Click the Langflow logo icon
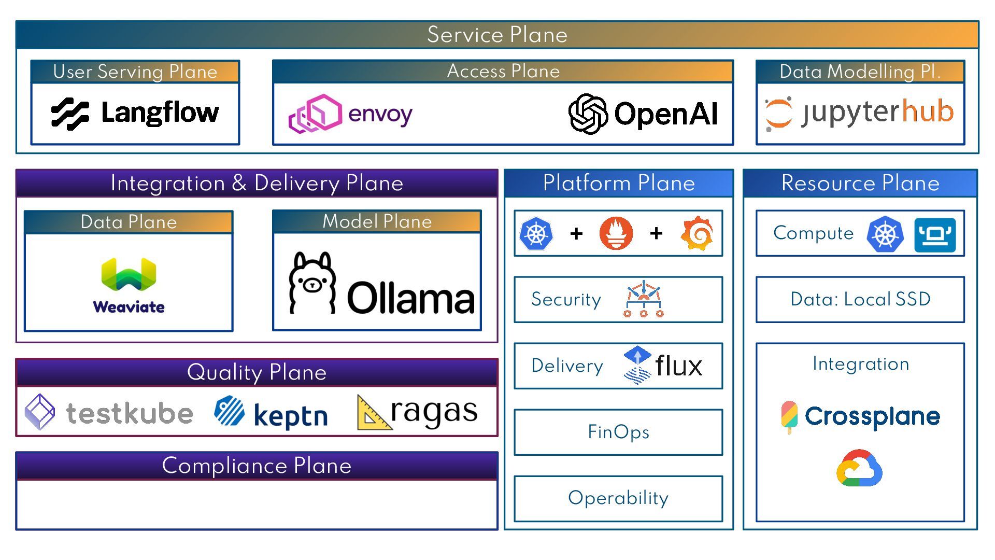click(x=70, y=114)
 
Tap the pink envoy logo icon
click(x=315, y=114)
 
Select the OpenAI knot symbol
click(x=588, y=114)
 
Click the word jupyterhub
click(x=877, y=112)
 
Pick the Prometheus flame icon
click(x=616, y=233)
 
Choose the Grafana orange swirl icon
click(x=697, y=233)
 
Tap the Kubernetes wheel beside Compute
click(x=885, y=234)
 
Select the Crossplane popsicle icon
click(x=789, y=416)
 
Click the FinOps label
click(x=618, y=432)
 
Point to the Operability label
click(x=618, y=498)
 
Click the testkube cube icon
click(x=40, y=412)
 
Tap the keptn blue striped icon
click(x=229, y=411)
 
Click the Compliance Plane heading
click(x=257, y=466)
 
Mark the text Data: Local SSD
click(x=860, y=299)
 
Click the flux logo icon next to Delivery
click(x=637, y=366)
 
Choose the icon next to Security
click(x=643, y=300)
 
